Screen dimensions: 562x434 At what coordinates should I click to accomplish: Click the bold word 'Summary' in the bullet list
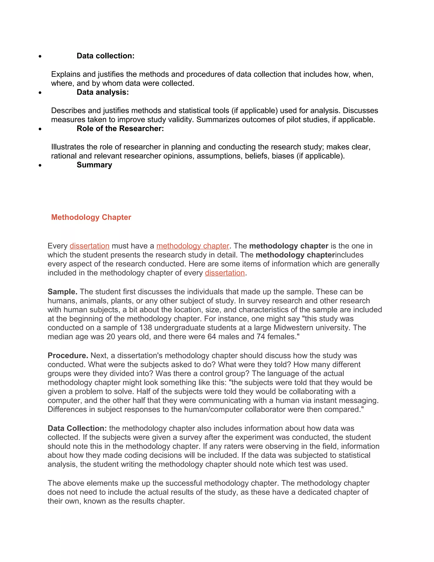[x=94, y=165]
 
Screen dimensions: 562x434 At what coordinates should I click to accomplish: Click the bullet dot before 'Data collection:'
[x=40, y=56]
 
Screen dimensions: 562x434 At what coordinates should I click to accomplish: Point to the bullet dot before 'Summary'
[x=40, y=165]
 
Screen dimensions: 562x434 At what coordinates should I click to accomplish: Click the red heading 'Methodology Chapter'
[x=91, y=217]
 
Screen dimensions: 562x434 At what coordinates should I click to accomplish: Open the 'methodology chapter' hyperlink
[x=193, y=246]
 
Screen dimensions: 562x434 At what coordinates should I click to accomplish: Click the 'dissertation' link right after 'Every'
[x=89, y=246]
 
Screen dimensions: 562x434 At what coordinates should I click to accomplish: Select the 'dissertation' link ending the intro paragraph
[x=225, y=273]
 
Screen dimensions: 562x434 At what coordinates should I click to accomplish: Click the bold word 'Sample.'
[x=63, y=292]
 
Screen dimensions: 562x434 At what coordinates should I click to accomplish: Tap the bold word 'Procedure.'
[x=68, y=355]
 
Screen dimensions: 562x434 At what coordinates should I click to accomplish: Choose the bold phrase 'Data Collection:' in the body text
[x=77, y=428]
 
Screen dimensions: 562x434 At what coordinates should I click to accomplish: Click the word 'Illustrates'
[x=68, y=147]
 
